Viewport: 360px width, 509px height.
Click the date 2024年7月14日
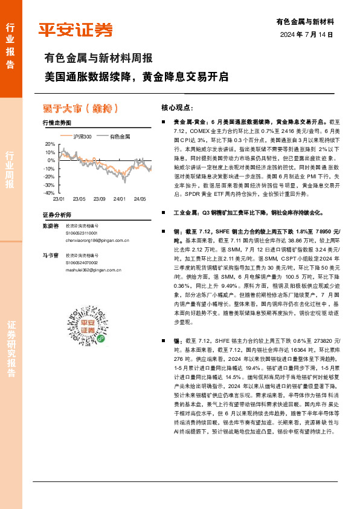tap(307, 34)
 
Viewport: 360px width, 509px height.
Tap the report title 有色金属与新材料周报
tap(98, 59)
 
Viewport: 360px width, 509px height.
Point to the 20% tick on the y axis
tap(50, 144)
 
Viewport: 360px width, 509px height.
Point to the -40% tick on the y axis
tap(49, 193)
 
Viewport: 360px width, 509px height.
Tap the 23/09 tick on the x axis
tap(100, 198)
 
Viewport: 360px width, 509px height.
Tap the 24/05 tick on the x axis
tap(140, 198)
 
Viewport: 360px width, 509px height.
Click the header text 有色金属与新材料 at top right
tap(305, 21)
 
